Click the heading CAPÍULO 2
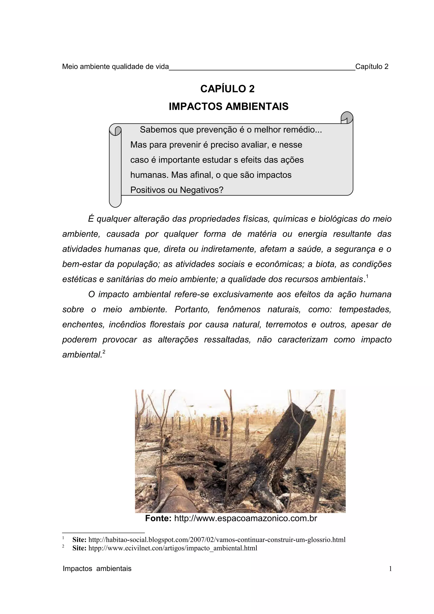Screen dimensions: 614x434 227,89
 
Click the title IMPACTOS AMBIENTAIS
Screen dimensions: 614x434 229,106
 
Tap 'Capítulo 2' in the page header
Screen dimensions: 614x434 372,67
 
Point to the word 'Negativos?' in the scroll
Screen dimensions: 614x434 201,190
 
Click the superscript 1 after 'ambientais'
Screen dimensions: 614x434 367,276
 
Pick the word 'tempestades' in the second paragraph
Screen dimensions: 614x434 365,309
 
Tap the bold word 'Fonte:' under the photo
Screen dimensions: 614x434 158,518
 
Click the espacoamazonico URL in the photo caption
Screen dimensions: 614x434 245,518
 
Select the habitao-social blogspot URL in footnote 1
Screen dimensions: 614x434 217,540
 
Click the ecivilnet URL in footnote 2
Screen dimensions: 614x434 172,548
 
